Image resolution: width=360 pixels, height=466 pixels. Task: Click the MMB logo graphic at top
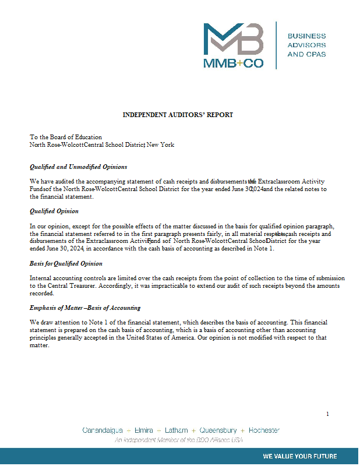233,39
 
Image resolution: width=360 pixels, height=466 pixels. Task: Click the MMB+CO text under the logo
233,63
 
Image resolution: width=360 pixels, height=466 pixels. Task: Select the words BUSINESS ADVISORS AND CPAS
306,45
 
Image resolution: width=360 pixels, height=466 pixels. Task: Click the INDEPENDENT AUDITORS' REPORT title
178,115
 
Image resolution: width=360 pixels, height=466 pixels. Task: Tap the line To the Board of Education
66,137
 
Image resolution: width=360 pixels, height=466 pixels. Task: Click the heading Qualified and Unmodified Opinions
79,167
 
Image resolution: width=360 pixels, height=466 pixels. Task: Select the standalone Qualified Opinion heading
54,211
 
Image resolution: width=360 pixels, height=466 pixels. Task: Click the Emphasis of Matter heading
85,308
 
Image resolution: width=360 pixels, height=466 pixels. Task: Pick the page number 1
327,414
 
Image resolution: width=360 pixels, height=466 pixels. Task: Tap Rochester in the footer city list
264,430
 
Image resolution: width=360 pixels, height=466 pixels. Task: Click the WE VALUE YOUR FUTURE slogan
299,456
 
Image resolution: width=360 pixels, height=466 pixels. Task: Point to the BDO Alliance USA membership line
178,440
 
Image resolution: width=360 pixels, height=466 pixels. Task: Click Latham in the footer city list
176,430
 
